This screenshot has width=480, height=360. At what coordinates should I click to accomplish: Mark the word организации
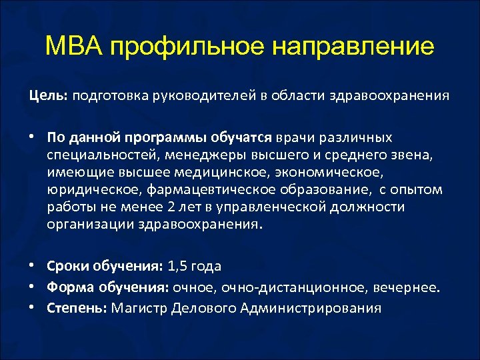coord(89,224)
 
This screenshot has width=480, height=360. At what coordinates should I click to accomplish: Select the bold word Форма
coord(69,287)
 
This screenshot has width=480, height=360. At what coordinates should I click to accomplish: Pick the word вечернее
coord(407,287)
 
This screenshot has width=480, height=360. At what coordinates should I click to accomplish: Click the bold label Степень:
coord(77,308)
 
